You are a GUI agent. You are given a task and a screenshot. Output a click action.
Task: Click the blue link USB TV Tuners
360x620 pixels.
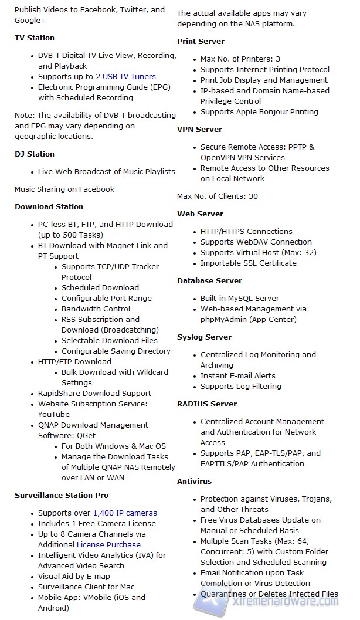click(x=129, y=77)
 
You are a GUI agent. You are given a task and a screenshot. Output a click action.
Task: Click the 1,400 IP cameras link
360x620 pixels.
click(x=125, y=513)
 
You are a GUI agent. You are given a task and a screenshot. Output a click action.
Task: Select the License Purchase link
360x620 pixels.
click(x=108, y=545)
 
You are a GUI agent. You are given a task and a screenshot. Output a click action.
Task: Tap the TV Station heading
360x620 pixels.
click(x=35, y=38)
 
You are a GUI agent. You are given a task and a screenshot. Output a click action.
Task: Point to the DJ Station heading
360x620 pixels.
click(x=35, y=154)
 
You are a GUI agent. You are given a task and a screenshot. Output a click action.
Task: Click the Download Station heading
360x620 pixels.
click(x=49, y=207)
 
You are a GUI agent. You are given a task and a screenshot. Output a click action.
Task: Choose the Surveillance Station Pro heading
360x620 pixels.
click(x=62, y=496)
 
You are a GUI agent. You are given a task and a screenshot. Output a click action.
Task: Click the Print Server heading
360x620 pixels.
click(x=201, y=42)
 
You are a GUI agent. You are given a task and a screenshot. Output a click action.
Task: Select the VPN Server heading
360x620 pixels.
click(x=199, y=130)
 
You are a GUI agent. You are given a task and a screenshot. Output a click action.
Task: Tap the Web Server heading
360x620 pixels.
click(x=200, y=214)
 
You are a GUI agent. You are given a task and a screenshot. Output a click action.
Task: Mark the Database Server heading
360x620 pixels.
click(x=209, y=281)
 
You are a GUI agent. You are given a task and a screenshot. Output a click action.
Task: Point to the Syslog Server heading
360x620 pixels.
click(x=204, y=337)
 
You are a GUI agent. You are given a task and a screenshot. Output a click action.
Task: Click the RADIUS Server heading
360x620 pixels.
click(x=207, y=404)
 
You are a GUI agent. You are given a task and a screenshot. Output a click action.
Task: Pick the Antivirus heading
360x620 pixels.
click(x=195, y=482)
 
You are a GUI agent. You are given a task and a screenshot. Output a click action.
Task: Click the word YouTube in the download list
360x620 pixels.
click(x=54, y=415)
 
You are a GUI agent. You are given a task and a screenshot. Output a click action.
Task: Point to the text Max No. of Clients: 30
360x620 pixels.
click(x=217, y=196)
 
